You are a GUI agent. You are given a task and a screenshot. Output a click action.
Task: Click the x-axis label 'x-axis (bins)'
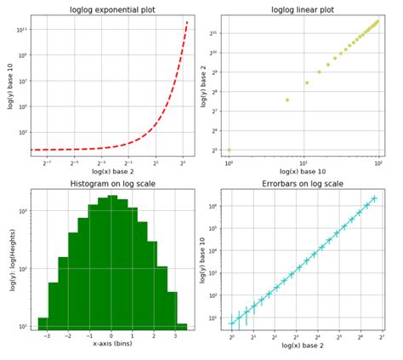click(111, 344)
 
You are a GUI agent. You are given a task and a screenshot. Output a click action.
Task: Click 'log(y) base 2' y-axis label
click(204, 85)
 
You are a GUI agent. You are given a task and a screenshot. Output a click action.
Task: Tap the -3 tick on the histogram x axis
click(46, 336)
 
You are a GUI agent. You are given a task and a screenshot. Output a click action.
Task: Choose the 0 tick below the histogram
click(111, 336)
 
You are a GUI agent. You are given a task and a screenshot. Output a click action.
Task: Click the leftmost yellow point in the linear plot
click(229, 150)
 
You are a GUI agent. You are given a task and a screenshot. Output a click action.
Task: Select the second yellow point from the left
click(287, 100)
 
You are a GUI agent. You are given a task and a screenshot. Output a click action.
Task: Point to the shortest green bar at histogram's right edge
click(182, 326)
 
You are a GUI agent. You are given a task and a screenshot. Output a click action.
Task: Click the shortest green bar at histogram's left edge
click(43, 323)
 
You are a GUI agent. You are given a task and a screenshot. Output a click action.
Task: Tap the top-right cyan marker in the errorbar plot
click(374, 198)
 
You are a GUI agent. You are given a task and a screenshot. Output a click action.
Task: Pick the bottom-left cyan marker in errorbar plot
click(231, 323)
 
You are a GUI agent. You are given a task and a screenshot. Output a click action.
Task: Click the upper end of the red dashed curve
click(187, 22)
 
